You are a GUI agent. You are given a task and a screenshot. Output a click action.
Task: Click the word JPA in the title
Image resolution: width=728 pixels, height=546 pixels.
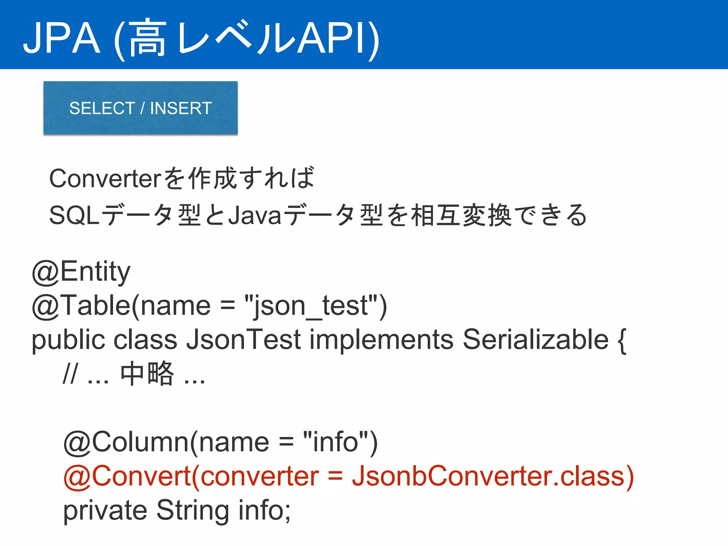(x=61, y=38)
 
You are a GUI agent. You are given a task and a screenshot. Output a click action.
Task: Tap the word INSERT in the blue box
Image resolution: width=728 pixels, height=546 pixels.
(x=181, y=108)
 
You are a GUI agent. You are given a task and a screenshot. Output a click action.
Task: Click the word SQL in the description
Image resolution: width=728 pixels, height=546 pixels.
(x=74, y=215)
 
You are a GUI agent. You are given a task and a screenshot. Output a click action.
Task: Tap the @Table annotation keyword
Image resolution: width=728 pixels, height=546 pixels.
(x=81, y=306)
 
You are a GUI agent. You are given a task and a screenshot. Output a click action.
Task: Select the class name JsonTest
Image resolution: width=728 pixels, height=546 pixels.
(x=243, y=339)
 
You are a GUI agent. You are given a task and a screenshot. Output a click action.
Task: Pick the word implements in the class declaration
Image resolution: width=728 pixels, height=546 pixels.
(x=381, y=339)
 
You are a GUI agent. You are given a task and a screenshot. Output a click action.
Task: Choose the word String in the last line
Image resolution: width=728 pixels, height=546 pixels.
(x=193, y=510)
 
